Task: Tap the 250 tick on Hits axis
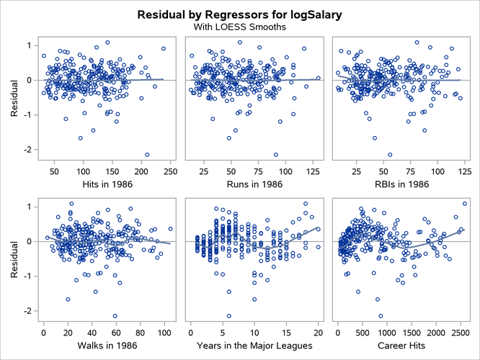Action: click(171, 171)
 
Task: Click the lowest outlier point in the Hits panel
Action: click(147, 155)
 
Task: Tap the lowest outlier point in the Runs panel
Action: click(275, 155)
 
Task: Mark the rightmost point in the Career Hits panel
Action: click(464, 204)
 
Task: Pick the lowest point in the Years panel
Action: click(229, 316)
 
